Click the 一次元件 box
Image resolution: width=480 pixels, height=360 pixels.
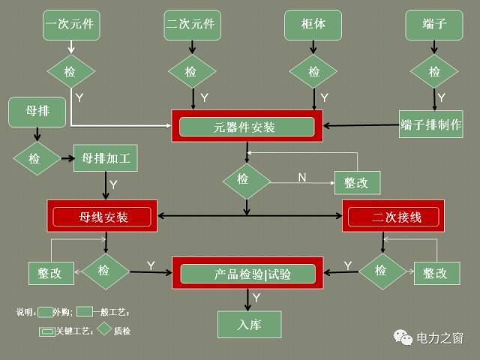(72, 25)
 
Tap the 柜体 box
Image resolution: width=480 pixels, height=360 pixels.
(313, 25)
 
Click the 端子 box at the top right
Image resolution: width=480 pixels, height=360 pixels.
(435, 25)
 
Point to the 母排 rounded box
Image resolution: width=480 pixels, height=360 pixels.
(38, 112)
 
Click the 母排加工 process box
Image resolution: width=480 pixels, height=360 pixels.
(105, 159)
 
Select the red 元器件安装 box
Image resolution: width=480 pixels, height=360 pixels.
(247, 127)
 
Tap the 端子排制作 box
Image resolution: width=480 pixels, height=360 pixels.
(430, 123)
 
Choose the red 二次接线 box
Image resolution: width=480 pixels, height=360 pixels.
(393, 217)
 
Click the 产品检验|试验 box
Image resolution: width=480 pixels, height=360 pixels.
(247, 274)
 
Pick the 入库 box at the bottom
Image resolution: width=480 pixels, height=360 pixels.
(249, 325)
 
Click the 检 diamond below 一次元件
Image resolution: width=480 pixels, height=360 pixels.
(70, 72)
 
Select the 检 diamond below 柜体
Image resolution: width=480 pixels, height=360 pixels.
(313, 72)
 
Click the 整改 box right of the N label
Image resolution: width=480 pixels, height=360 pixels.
(357, 182)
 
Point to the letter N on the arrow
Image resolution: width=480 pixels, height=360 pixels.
(302, 178)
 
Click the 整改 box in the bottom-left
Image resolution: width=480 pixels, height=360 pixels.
(50, 273)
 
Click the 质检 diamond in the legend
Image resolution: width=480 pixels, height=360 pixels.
(103, 329)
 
